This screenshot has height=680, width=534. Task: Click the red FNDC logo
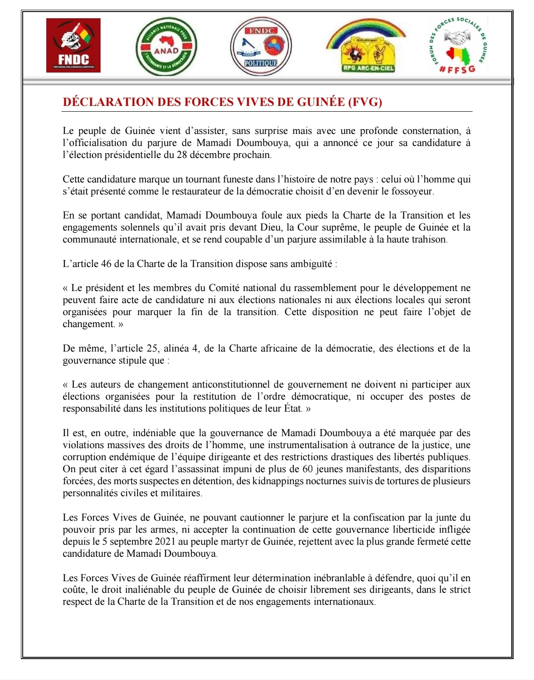[x=73, y=45]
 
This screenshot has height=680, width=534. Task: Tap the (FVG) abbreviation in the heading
[x=365, y=102]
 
